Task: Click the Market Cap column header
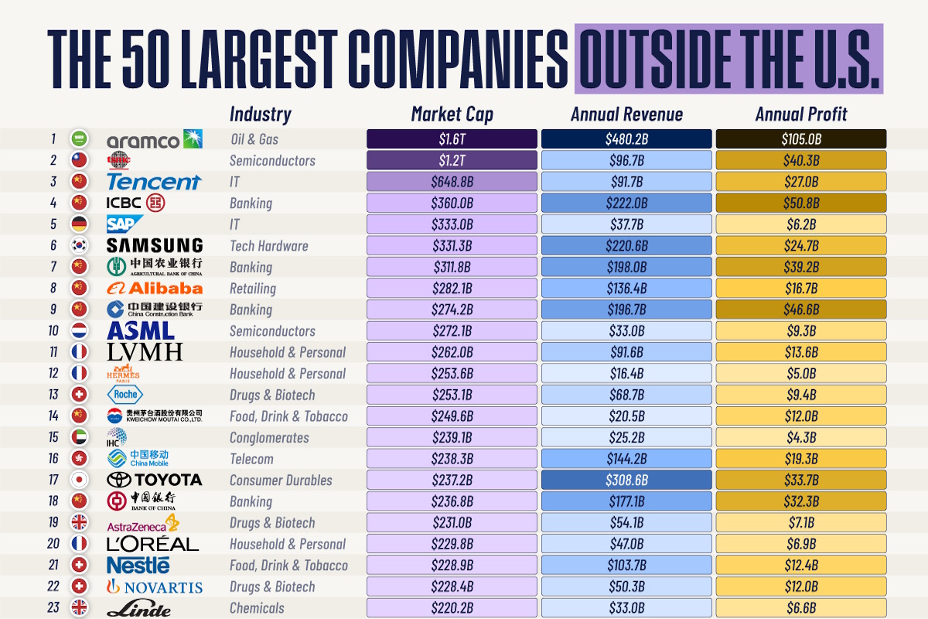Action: click(452, 115)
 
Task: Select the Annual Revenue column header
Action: click(626, 115)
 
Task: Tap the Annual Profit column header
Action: click(801, 115)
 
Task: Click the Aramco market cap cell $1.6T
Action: click(452, 139)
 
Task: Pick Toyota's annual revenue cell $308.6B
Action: click(626, 480)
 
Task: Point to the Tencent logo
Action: click(153, 182)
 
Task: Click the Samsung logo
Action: click(155, 246)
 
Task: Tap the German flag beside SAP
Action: click(78, 224)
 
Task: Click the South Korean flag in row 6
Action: click(78, 246)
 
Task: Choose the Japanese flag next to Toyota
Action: click(78, 480)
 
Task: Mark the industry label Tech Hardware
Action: click(268, 246)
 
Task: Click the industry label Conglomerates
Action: click(268, 437)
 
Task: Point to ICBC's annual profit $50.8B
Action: click(801, 203)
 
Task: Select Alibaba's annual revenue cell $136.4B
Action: click(626, 289)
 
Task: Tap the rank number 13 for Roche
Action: click(53, 395)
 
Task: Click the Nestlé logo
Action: click(138, 565)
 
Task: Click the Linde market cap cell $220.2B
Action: click(452, 607)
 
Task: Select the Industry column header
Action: click(260, 115)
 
